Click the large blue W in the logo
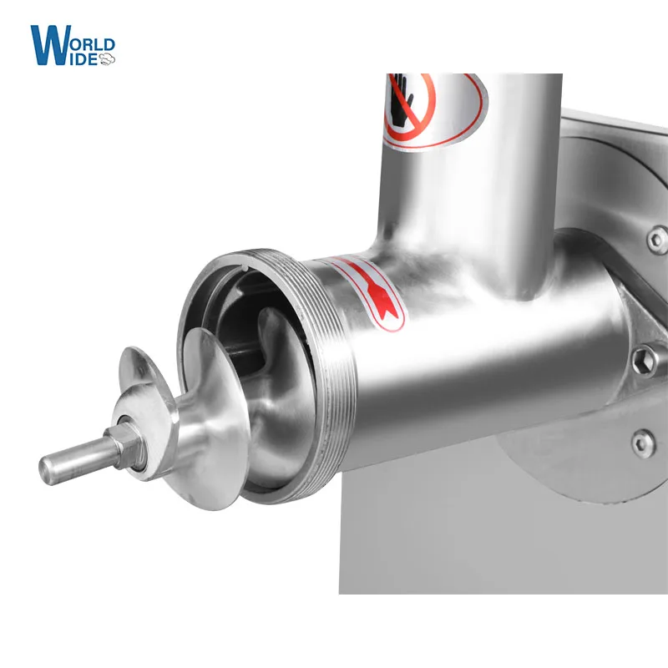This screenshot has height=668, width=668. click(x=48, y=43)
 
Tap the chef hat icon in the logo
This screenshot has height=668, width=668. click(x=107, y=58)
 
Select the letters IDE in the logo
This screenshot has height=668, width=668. click(x=83, y=58)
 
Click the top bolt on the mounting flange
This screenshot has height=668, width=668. click(x=657, y=240)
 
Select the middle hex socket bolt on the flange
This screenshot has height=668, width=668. click(x=643, y=361)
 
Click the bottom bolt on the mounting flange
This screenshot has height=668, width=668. click(x=641, y=439)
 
